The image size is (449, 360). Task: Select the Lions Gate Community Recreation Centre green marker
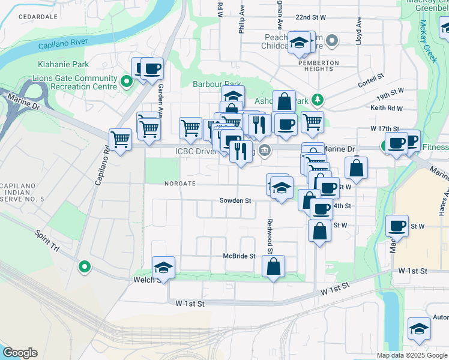pyautogui.click(x=126, y=82)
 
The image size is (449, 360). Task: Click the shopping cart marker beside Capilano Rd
pyautogui.click(x=121, y=140)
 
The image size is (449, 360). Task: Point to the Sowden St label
pyautogui.click(x=235, y=200)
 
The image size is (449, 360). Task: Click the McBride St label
pyautogui.click(x=240, y=256)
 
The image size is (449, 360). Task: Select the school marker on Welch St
pyautogui.click(x=163, y=268)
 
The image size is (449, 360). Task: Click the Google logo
pyautogui.click(x=20, y=352)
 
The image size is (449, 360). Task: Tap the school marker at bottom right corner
pyautogui.click(x=418, y=328)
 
